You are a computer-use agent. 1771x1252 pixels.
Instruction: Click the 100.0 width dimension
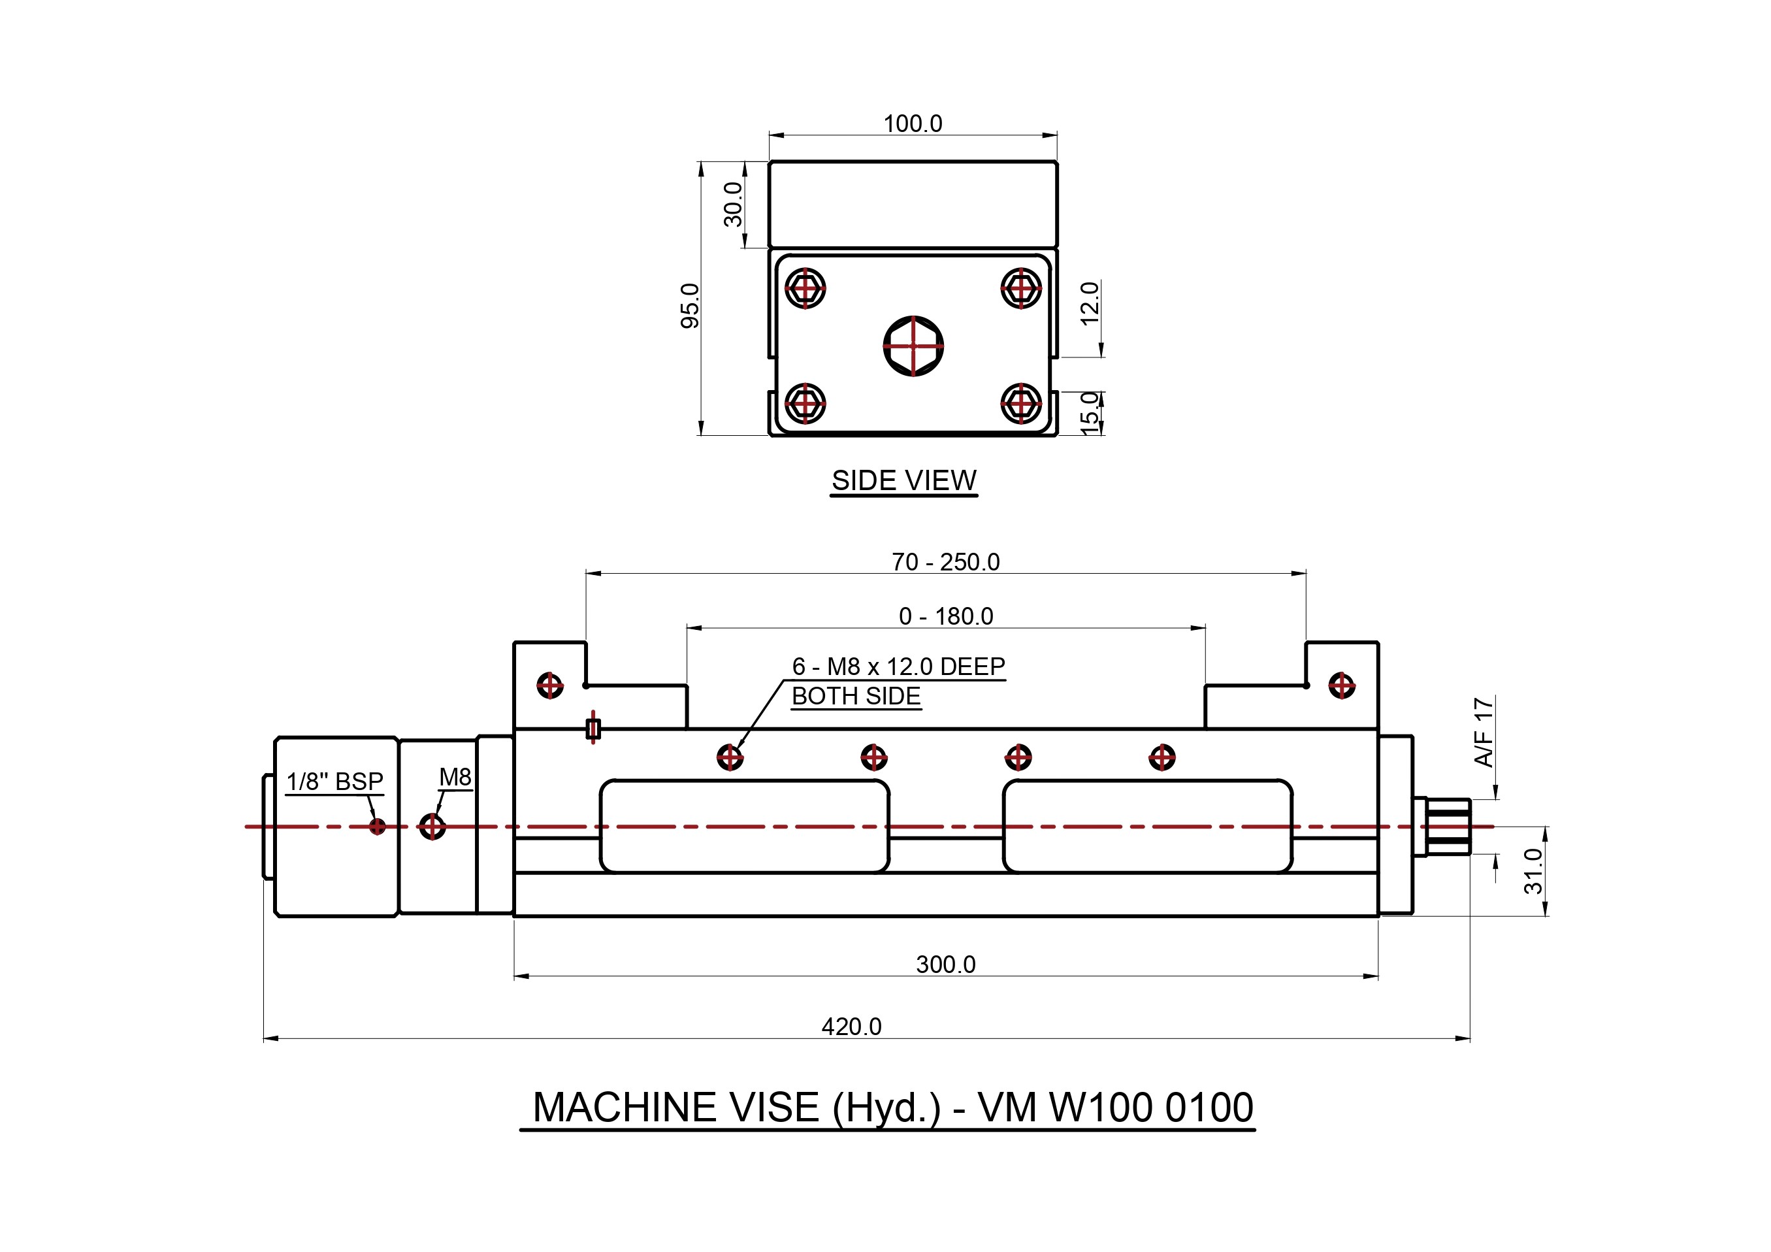[913, 124]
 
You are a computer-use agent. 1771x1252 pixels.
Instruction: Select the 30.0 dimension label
[734, 205]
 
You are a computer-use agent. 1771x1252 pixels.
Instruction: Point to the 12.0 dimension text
[1090, 303]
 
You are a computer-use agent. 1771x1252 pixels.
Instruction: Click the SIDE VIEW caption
[904, 480]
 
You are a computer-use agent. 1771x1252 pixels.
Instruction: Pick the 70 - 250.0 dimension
[946, 561]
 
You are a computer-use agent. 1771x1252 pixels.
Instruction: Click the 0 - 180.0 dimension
[946, 616]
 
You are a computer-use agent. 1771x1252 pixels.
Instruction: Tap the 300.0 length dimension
[946, 964]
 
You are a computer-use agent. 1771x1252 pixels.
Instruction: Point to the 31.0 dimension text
[1533, 871]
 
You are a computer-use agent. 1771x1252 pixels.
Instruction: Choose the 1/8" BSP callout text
[334, 782]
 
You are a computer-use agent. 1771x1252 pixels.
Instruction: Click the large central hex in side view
[913, 346]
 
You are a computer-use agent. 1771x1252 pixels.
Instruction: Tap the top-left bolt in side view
[805, 289]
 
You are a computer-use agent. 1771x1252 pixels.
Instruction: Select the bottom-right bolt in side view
[1021, 403]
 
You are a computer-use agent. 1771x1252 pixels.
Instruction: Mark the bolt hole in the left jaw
[550, 685]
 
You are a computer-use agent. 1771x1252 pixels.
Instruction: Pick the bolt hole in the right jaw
[1342, 685]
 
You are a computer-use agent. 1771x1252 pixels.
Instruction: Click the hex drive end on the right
[1447, 827]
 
